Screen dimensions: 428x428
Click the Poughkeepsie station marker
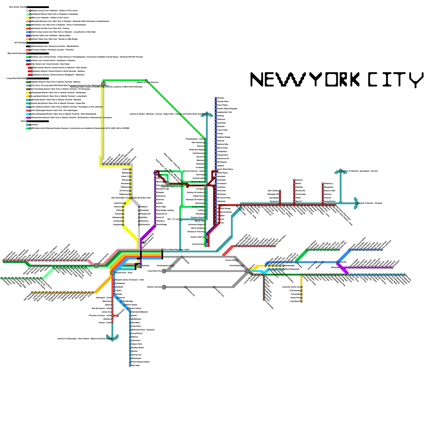pos(205,139)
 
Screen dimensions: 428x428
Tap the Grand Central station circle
pos(207,244)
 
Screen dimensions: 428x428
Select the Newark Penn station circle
pos(112,273)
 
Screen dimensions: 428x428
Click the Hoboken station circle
pos(139,266)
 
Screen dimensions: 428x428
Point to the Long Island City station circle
pos(164,271)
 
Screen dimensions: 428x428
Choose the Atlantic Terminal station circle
pos(164,287)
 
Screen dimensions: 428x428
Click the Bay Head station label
pos(136,365)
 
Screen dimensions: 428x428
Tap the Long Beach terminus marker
pos(301,301)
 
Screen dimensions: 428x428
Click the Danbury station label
pos(299,180)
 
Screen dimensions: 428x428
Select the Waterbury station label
pos(329,184)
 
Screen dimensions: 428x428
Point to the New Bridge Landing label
pos(165,210)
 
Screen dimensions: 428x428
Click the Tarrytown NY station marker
pos(205,185)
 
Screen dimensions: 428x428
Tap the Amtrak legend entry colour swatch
pos(28,125)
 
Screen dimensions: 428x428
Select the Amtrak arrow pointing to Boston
pos(356,203)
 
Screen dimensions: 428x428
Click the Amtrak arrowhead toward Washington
pos(112,338)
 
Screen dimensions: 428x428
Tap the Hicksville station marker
pos(337,262)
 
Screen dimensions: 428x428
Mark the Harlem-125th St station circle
pos(207,237)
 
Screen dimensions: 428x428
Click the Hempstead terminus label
pos(290,266)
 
